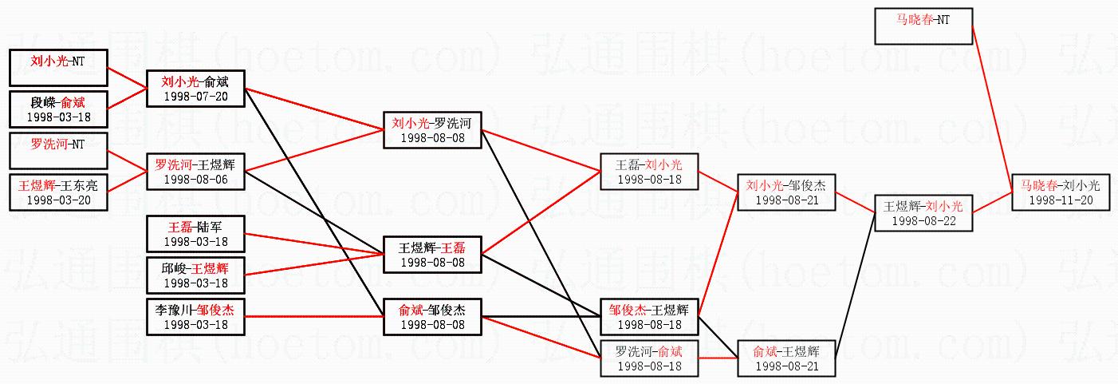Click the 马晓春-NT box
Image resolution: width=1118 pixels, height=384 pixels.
(923, 26)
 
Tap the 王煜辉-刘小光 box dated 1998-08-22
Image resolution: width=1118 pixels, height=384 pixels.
(923, 212)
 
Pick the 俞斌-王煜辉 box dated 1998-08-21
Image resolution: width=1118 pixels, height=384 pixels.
(787, 357)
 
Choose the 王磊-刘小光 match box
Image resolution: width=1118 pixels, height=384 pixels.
(649, 171)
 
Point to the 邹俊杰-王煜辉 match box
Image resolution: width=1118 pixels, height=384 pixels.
(649, 316)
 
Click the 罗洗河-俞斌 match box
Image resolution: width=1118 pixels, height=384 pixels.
(649, 357)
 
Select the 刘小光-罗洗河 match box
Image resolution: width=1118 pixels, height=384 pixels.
(432, 129)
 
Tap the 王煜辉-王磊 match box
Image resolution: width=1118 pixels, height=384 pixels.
(432, 254)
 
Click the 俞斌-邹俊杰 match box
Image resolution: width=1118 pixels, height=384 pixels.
(432, 316)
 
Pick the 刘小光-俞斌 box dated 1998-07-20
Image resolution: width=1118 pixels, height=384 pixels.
(195, 88)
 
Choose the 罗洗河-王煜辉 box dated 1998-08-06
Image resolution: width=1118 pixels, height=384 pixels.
(195, 171)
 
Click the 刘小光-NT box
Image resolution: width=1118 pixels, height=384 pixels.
(57, 67)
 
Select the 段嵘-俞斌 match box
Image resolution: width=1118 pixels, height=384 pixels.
(57, 109)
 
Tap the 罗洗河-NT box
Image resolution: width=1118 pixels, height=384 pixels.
(57, 150)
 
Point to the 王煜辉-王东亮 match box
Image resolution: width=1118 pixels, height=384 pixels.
(57, 192)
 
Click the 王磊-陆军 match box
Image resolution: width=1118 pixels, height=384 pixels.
(195, 233)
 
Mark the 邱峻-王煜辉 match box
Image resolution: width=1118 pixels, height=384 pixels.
(195, 275)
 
